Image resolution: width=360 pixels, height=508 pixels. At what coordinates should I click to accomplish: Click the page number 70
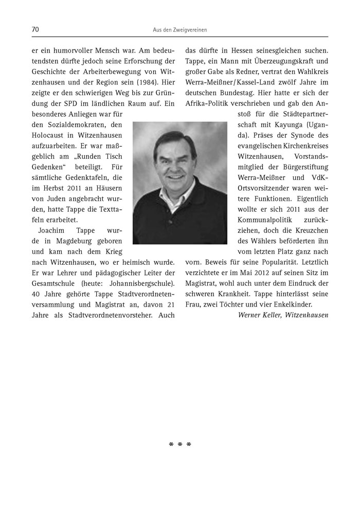point(35,30)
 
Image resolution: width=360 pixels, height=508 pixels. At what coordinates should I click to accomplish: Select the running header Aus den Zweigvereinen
point(179,30)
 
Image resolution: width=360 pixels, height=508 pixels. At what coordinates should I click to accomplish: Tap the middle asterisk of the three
point(180,444)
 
